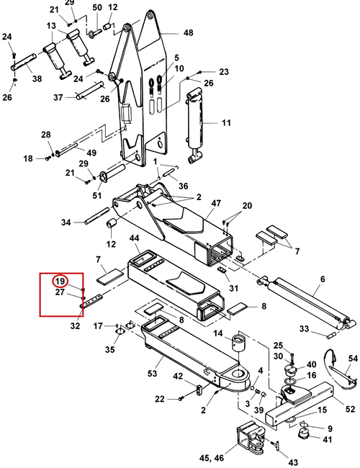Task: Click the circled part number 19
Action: [x=60, y=281]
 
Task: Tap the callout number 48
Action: [x=188, y=32]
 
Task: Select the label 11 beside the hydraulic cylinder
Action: [x=226, y=122]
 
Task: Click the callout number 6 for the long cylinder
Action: [x=323, y=279]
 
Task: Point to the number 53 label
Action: [x=152, y=373]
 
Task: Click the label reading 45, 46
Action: [x=212, y=458]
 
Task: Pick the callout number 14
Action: [x=218, y=333]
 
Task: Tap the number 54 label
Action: [x=353, y=358]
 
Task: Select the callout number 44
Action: [x=135, y=238]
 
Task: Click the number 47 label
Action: [x=216, y=203]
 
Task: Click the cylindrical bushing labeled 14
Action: [x=240, y=343]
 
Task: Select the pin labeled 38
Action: [x=24, y=62]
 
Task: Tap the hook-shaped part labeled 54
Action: [x=339, y=370]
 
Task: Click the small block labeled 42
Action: [x=199, y=390]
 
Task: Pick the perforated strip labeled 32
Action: [x=91, y=302]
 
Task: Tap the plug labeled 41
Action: [x=304, y=433]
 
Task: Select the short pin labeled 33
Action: [x=332, y=336]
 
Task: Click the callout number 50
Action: [x=97, y=7]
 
